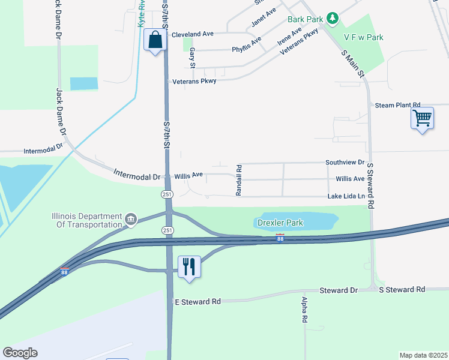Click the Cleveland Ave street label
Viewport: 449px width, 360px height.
pos(193,34)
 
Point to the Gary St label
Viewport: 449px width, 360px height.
pos(193,58)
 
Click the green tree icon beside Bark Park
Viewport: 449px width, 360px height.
pos(333,19)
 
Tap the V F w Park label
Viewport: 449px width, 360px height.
pos(363,37)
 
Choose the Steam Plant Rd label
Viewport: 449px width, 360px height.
pos(397,105)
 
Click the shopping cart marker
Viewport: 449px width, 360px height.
pos(423,117)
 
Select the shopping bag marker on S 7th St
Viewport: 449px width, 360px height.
pos(155,41)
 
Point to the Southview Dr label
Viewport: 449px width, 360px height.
pos(345,163)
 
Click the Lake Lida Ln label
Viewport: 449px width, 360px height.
pos(346,196)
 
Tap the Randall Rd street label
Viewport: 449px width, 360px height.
pos(238,180)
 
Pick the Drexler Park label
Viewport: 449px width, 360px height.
pos(280,223)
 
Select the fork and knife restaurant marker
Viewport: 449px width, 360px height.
pos(189,266)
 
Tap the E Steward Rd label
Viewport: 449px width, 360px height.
pos(197,301)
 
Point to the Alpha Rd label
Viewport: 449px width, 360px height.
pos(305,311)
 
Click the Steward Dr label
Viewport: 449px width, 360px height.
pos(339,290)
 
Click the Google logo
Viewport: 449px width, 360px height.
pos(20,352)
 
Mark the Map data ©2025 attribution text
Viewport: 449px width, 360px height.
pos(423,355)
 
